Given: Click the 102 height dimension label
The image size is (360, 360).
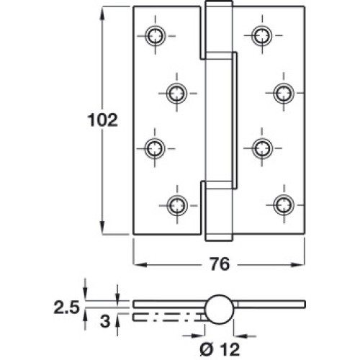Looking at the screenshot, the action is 103,120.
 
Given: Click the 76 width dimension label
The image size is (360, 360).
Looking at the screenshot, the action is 220,264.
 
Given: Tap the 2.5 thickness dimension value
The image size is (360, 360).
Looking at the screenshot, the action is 66,307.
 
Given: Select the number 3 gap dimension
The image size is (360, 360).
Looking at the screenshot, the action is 105,322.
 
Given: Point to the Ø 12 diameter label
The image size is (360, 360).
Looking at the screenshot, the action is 220,348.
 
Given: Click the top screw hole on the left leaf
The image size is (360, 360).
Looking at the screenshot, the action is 156,36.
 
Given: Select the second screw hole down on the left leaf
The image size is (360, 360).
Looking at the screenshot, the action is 176,93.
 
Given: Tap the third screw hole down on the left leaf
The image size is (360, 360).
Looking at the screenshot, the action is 155,148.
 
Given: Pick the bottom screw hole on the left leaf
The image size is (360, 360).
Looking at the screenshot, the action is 177,205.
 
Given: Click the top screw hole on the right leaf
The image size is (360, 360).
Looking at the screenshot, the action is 262,36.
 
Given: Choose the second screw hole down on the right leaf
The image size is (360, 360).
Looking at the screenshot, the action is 284,93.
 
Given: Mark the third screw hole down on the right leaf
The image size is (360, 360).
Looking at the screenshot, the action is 262,148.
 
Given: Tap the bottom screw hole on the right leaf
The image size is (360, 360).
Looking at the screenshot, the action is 284,205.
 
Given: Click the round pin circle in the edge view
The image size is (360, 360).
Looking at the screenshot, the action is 220,308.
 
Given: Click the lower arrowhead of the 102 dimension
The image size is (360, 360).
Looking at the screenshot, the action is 102,228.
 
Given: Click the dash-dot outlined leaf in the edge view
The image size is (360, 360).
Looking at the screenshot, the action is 168,318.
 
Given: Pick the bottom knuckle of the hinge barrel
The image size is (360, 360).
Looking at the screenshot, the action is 219,211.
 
